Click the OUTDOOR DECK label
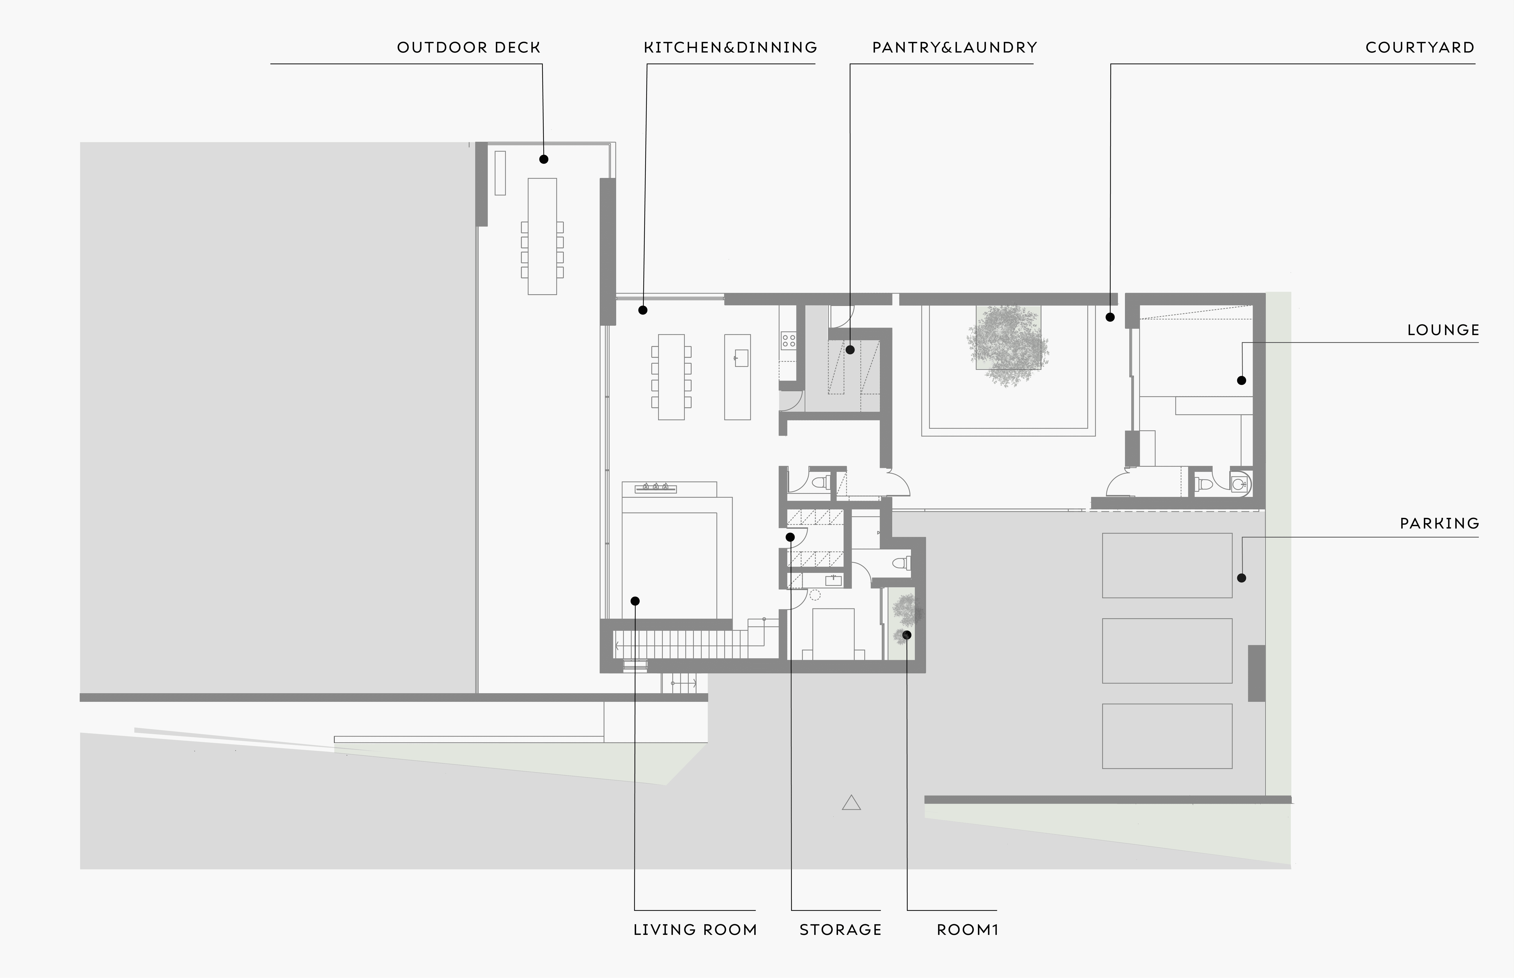469,48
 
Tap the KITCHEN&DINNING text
730,48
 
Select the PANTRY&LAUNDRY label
954,48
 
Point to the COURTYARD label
1420,48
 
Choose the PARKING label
1440,523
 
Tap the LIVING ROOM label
695,930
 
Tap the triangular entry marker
851,803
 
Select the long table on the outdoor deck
542,236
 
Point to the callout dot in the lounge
1242,380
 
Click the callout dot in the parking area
1242,578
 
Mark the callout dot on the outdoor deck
544,159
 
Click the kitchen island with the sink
737,377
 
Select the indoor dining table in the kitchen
671,377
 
